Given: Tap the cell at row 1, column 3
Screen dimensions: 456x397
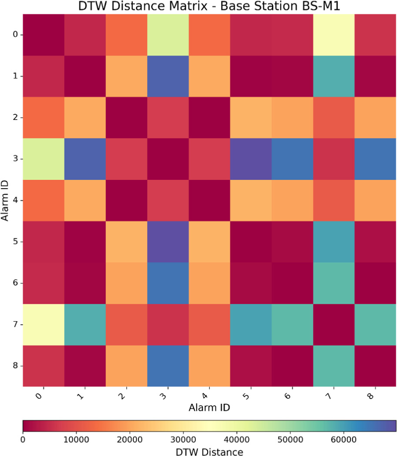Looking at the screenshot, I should pos(168,76).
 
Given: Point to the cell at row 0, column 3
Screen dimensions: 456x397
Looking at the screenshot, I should pos(168,35).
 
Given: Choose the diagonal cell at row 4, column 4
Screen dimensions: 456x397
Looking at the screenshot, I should pos(209,200).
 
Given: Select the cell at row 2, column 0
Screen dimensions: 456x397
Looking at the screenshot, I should pos(44,117).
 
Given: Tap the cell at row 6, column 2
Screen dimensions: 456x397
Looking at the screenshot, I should pos(127,283).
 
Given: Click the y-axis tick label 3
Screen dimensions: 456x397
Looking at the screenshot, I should pos(16,159).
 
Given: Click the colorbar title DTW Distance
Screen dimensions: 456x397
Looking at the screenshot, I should pos(209,451).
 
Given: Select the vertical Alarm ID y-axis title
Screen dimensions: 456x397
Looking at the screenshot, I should pos(5,200).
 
